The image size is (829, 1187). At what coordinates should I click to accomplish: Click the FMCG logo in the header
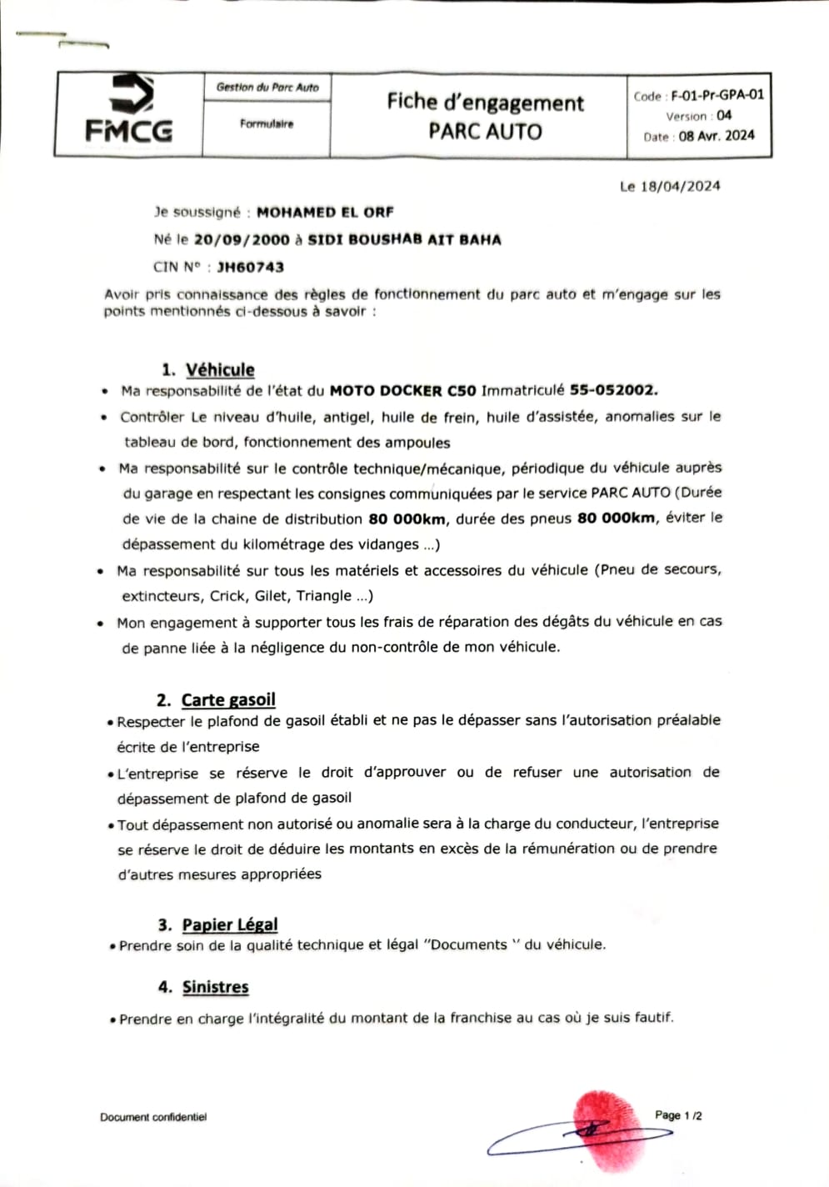[129, 108]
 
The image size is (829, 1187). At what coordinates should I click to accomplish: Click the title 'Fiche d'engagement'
[485, 103]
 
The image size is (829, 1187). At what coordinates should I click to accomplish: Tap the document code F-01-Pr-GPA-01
[717, 95]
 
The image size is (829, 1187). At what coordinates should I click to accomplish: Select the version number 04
[724, 116]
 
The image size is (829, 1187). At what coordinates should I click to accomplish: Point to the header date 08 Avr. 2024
[717, 136]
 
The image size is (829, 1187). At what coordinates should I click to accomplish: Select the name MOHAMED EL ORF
[325, 213]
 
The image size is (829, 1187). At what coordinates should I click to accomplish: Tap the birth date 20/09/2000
[242, 240]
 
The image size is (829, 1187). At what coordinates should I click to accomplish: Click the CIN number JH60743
[250, 268]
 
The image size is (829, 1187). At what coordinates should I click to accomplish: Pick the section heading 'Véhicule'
[220, 369]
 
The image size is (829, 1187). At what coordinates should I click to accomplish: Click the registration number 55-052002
[613, 390]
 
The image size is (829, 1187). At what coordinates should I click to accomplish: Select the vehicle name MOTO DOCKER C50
[403, 390]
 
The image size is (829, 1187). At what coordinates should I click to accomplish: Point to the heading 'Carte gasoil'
[228, 700]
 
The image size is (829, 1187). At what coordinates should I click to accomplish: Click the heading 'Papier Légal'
[230, 924]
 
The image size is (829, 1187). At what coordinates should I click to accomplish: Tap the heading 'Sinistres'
[216, 987]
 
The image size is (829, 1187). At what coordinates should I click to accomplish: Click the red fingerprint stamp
[608, 1129]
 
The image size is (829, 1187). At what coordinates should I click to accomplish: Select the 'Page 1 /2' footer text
[678, 1115]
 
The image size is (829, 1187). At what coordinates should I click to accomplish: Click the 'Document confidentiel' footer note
[153, 1117]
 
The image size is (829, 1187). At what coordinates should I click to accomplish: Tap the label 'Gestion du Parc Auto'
[267, 87]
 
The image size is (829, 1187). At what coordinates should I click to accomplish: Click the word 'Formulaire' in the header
[267, 124]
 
